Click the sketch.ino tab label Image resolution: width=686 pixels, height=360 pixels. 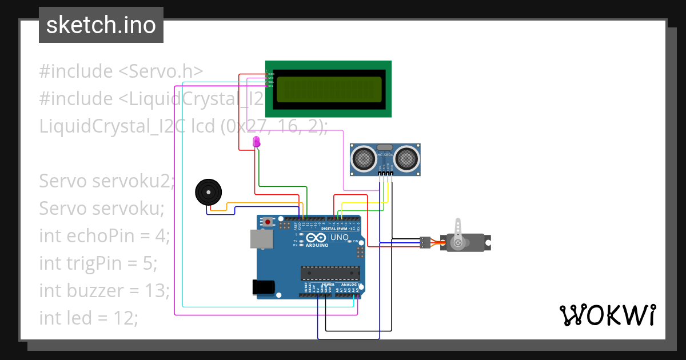pyautogui.click(x=101, y=25)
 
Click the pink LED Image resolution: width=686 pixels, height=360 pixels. pyautogui.click(x=256, y=142)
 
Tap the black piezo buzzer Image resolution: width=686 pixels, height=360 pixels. pyautogui.click(x=207, y=192)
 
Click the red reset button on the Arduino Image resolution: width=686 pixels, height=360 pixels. pyautogui.click(x=267, y=222)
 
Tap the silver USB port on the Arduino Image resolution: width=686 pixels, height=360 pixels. pyautogui.click(x=261, y=239)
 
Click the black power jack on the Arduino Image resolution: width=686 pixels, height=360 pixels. pyautogui.click(x=262, y=286)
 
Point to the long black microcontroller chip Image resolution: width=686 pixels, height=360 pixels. pyautogui.click(x=330, y=274)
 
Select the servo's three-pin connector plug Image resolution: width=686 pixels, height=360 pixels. pyautogui.click(x=425, y=242)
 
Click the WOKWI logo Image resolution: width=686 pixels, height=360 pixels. pyautogui.click(x=607, y=315)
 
